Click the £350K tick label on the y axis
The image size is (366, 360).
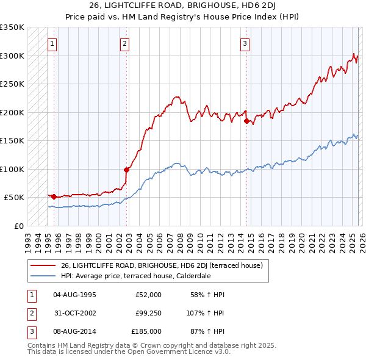pyautogui.click(x=12, y=27)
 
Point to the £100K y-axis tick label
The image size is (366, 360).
pyautogui.click(x=12, y=169)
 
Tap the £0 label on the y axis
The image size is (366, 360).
pyautogui.click(x=18, y=226)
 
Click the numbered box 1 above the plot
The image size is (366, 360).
pyautogui.click(x=52, y=43)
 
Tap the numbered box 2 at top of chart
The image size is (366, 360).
pyautogui.click(x=124, y=43)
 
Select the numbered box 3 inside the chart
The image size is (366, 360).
pyautogui.click(x=245, y=43)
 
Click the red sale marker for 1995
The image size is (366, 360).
pyautogui.click(x=54, y=196)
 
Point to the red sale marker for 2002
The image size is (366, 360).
pyautogui.click(x=126, y=170)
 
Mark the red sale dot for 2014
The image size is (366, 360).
pyautogui.click(x=247, y=121)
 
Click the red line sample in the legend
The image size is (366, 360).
pyautogui.click(x=43, y=265)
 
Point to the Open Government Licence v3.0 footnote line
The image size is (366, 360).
pyautogui.click(x=129, y=352)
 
